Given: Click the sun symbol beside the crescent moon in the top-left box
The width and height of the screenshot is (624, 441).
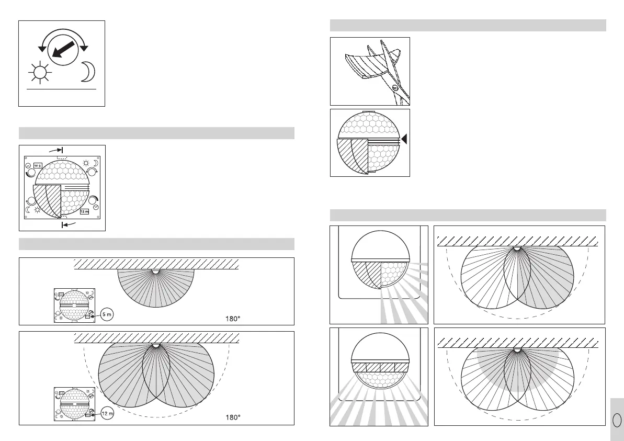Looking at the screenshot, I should pos(39,73).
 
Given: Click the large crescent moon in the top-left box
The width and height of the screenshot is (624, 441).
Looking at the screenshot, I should pos(87,73).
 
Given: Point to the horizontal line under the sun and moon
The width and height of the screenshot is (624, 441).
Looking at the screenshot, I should pos(62,89).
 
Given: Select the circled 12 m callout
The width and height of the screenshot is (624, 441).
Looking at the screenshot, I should pos(107,413).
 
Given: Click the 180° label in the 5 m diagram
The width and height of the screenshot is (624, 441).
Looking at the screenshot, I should pos(233,318).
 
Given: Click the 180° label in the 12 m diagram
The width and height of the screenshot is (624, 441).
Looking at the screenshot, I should pos(233,417).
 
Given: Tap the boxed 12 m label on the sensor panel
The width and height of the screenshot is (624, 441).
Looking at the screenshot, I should pos(85,212).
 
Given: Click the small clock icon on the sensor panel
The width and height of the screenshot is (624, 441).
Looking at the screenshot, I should pos(96,208).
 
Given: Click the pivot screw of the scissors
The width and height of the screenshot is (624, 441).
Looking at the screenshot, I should pos(395,88).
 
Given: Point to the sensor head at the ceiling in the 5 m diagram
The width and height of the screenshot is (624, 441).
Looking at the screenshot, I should pos(155,272).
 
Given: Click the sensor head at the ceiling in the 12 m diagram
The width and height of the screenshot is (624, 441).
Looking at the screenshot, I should pos(155,345).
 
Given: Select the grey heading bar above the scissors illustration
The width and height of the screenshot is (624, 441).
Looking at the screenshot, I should pos(468,26).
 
